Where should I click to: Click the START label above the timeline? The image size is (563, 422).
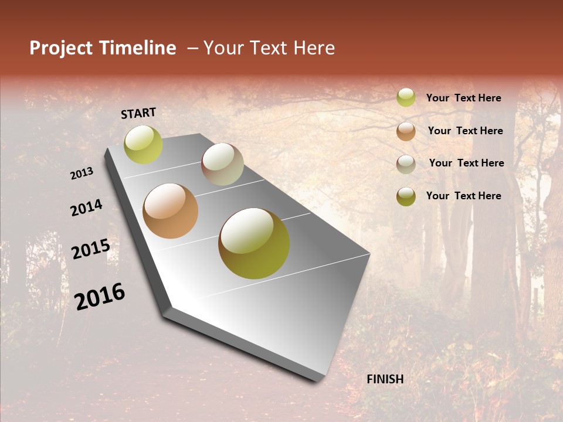pyautogui.click(x=138, y=113)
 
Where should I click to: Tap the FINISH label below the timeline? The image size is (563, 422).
pyautogui.click(x=385, y=379)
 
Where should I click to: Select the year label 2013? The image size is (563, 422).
pyautogui.click(x=82, y=173)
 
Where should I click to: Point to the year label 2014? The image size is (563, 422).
pyautogui.click(x=86, y=208)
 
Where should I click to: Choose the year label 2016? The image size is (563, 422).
pyautogui.click(x=100, y=296)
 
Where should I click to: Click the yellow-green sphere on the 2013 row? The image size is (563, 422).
pyautogui.click(x=143, y=145)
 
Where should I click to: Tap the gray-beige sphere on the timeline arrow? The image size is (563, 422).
pyautogui.click(x=222, y=164)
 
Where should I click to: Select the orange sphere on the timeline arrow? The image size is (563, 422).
pyautogui.click(x=170, y=211)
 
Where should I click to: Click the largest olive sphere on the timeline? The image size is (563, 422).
pyautogui.click(x=254, y=243)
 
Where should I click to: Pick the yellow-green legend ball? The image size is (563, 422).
pyautogui.click(x=406, y=97)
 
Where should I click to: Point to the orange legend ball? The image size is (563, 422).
pyautogui.click(x=406, y=131)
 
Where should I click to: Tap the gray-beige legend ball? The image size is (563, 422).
pyautogui.click(x=406, y=164)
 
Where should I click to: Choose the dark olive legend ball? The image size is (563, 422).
pyautogui.click(x=406, y=196)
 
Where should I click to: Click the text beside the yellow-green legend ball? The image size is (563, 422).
pyautogui.click(x=463, y=98)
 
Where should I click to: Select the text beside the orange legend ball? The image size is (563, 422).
pyautogui.click(x=465, y=131)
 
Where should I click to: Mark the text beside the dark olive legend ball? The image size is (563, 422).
pyautogui.click(x=463, y=196)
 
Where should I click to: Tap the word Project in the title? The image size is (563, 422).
pyautogui.click(x=60, y=48)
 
